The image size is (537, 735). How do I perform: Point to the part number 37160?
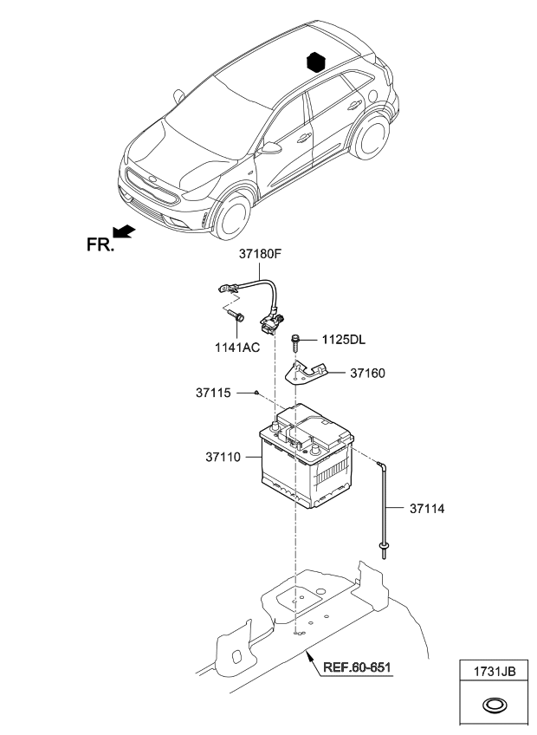367,374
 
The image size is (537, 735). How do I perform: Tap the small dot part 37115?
258,393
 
